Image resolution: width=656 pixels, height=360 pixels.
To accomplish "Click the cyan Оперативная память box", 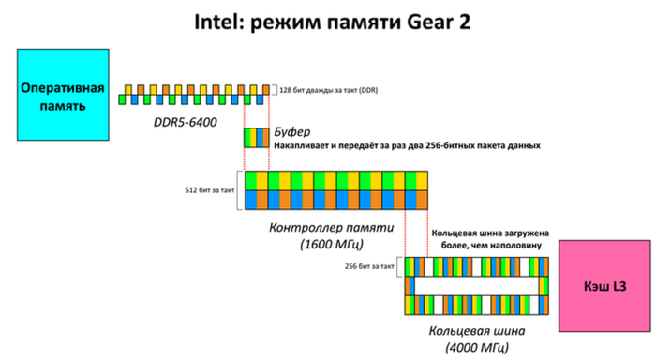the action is point(63,95).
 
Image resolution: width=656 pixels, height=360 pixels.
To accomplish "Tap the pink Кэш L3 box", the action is point(605,286).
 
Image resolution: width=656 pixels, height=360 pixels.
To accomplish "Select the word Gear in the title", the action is point(430,22).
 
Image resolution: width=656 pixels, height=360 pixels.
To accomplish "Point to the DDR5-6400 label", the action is point(186,122).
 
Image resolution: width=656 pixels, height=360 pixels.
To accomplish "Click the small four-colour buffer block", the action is point(257,138).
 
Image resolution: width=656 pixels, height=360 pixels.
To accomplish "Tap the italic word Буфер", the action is point(292,132).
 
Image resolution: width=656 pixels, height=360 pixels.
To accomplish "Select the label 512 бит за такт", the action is point(210,190).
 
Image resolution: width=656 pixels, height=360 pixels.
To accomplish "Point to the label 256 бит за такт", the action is point(369,266).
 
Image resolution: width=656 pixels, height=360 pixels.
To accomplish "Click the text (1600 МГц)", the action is point(332,244).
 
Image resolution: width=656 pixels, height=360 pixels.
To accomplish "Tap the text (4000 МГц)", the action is point(477,347).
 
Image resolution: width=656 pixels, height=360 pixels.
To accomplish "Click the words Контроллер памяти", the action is point(332,227).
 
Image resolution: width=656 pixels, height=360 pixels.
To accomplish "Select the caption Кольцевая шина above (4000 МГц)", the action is point(477,331).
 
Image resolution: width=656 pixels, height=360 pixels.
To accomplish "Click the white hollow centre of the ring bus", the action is point(476,286).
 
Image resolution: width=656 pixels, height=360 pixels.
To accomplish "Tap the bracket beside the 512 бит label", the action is point(239,190).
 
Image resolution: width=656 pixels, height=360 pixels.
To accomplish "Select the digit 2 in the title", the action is point(465,22).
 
